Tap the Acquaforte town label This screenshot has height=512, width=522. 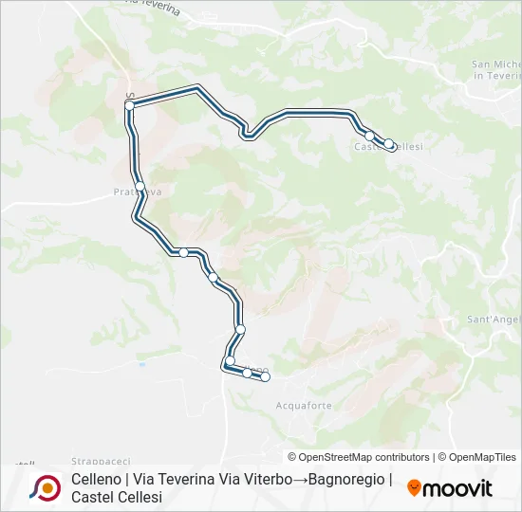point(304,406)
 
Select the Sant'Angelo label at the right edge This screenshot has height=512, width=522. point(494,320)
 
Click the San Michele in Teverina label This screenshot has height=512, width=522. point(496,69)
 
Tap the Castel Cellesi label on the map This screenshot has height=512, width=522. point(387,147)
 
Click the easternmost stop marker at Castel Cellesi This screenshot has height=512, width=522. point(389,144)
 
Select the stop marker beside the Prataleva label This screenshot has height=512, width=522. point(140,186)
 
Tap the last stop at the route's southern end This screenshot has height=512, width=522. point(265,377)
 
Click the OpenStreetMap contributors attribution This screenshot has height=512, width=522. point(359,457)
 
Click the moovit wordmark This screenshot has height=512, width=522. point(457,488)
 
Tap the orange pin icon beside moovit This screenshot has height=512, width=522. point(414,488)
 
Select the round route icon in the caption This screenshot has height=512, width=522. point(45,488)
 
